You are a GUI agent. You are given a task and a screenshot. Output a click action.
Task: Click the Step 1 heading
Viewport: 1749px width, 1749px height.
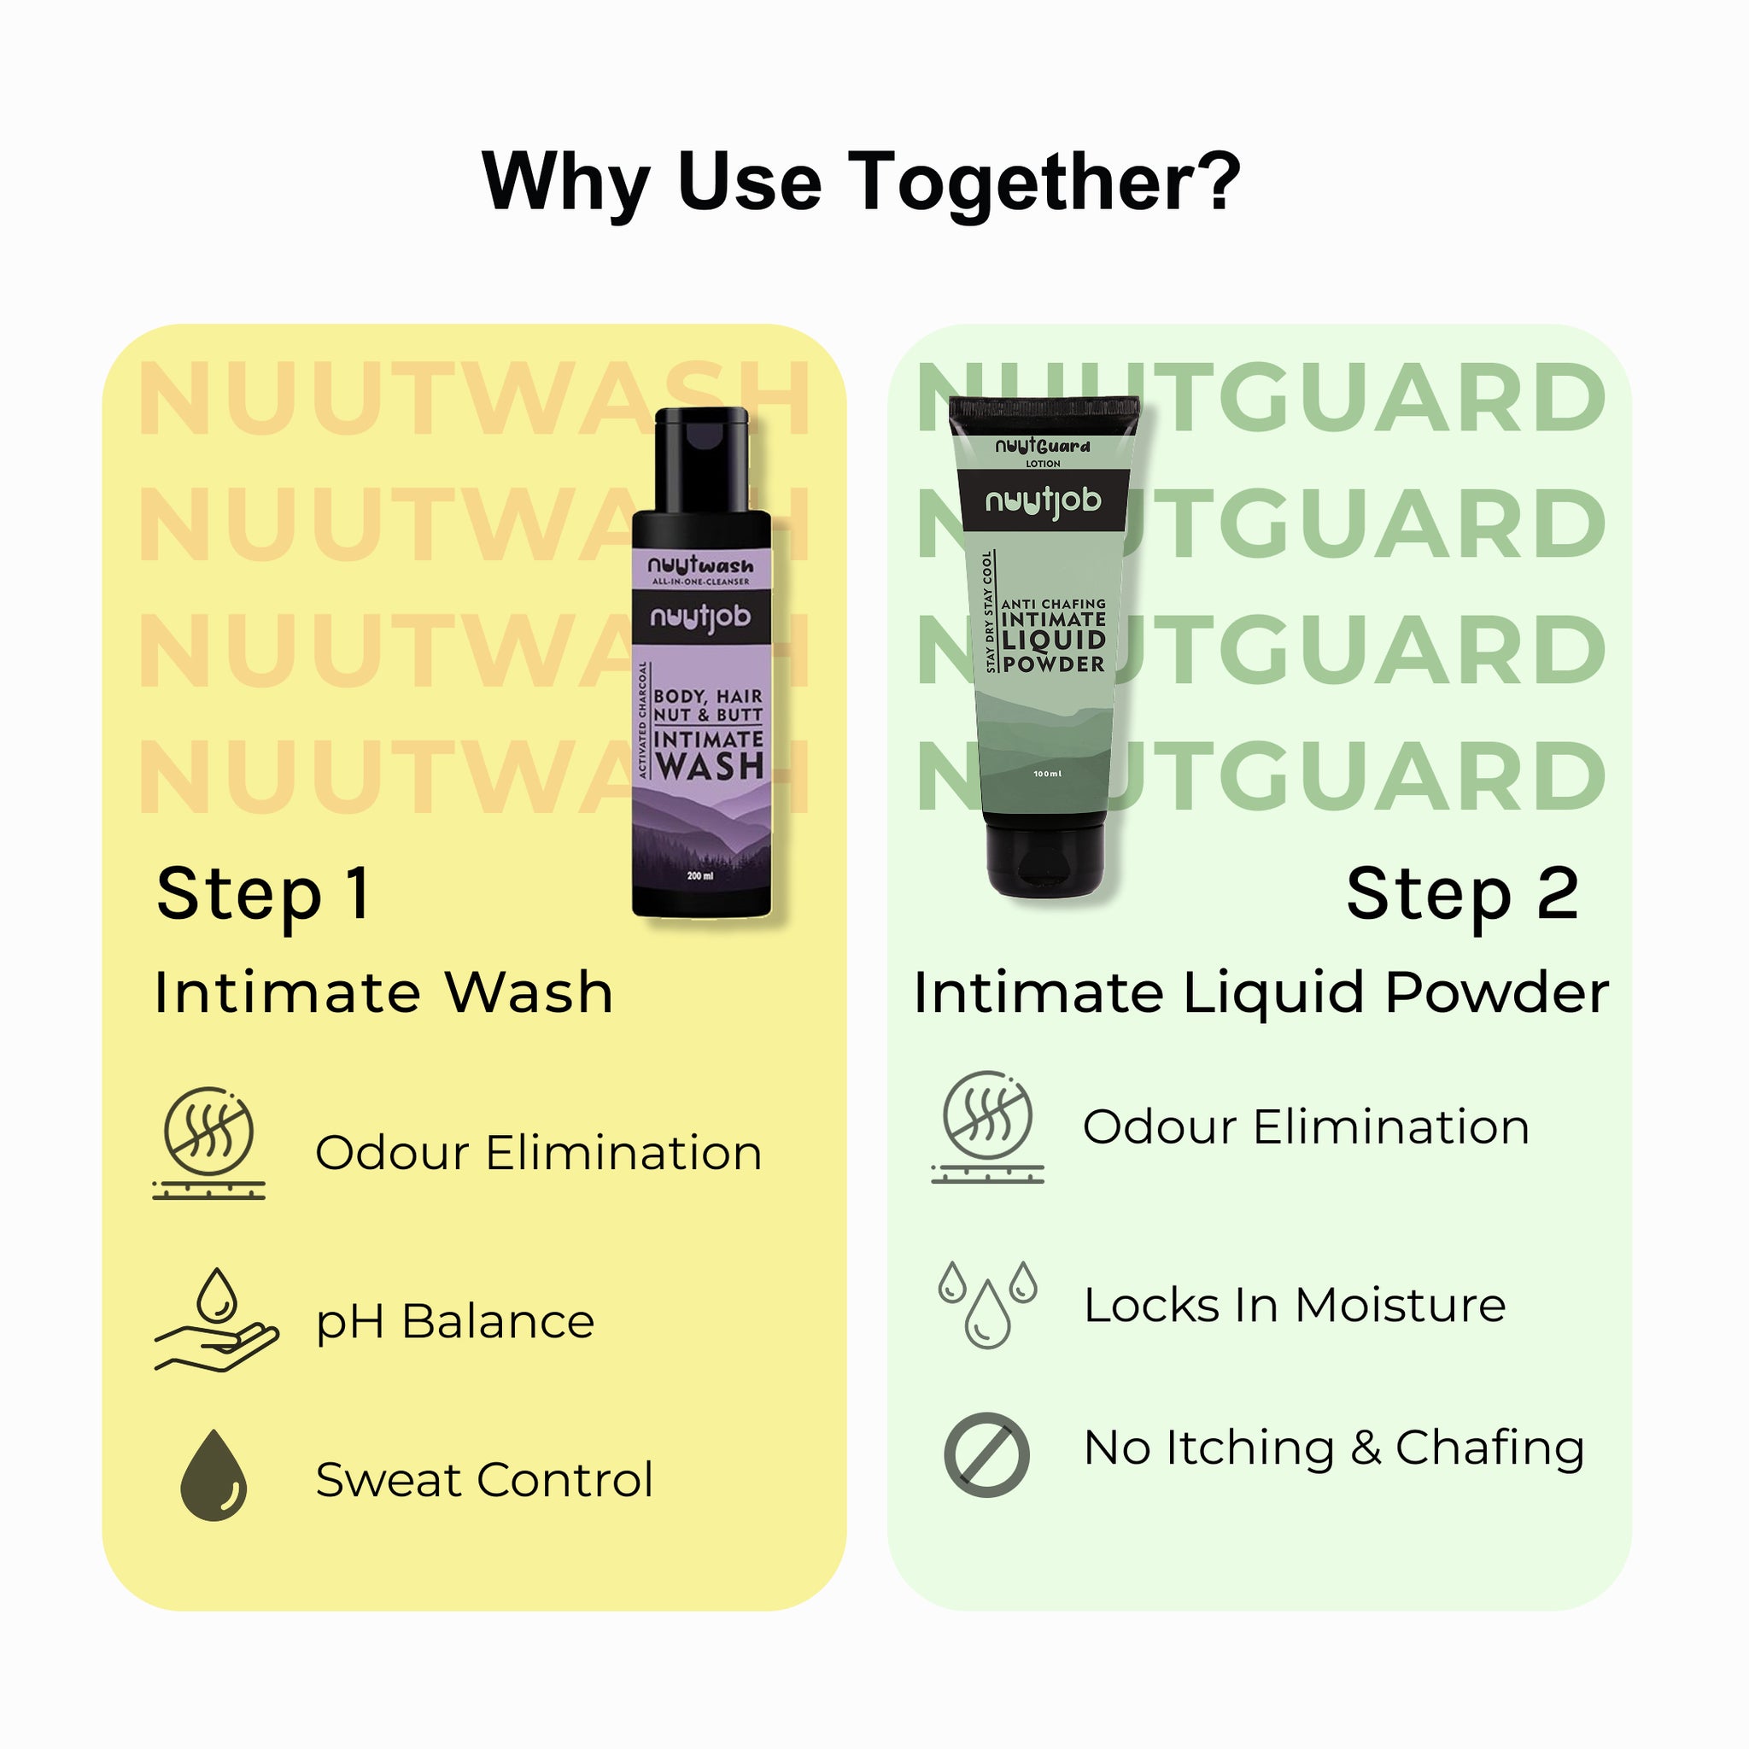click(x=262, y=894)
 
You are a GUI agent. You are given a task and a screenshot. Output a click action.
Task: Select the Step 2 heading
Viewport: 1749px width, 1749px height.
click(x=1462, y=894)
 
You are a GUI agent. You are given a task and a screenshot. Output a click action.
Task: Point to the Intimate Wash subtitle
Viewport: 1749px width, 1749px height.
click(x=383, y=992)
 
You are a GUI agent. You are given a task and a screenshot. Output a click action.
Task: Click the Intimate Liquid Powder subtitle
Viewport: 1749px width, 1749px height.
click(x=1261, y=992)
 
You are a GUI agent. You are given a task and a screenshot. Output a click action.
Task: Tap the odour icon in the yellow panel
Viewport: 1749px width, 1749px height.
click(x=209, y=1143)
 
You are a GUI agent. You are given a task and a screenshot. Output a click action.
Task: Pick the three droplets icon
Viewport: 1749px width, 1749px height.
click(x=986, y=1303)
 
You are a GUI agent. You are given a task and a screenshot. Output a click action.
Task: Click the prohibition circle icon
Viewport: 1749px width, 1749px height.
click(x=986, y=1454)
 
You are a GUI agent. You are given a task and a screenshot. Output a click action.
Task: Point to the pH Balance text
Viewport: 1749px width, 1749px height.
click(x=454, y=1323)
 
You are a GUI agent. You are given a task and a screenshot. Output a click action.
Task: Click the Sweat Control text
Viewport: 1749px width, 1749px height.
click(x=483, y=1480)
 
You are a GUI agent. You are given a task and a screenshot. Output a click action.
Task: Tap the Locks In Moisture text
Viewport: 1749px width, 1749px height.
click(x=1295, y=1306)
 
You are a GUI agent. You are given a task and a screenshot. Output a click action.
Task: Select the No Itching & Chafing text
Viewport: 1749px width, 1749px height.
click(x=1333, y=1448)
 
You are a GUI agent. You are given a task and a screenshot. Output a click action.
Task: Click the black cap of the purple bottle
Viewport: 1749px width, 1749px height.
click(x=702, y=457)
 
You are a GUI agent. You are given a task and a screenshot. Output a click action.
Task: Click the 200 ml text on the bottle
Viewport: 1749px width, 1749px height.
click(x=699, y=875)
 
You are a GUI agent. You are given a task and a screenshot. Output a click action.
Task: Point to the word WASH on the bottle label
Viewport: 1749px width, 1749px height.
click(x=709, y=766)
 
